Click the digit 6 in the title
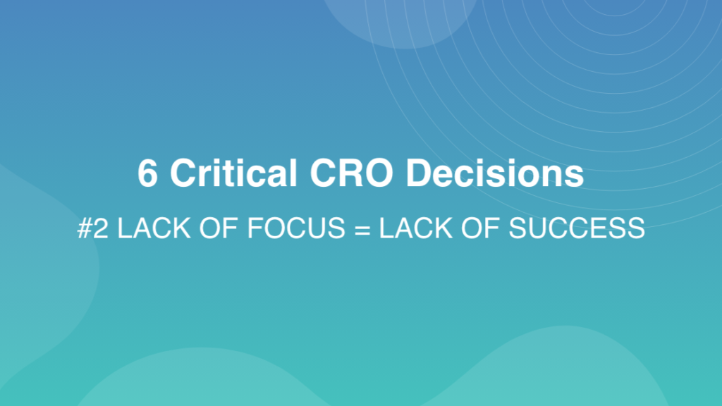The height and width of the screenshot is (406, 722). point(147,173)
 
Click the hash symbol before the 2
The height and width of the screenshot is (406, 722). point(85,228)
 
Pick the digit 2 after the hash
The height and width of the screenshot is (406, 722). point(102,228)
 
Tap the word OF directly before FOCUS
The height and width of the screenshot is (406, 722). point(219,228)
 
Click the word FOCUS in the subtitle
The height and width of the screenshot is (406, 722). point(296,228)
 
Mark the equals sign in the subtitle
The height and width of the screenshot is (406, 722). point(362,229)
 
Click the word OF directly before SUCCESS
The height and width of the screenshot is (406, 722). point(480,228)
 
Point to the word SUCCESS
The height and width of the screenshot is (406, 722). point(577,228)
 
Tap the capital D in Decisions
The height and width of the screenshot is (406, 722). point(419,173)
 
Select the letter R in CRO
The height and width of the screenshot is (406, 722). point(351,173)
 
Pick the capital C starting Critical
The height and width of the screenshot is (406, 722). point(184,173)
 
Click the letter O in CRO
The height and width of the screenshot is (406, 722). point(379,173)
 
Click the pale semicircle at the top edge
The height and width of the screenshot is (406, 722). point(399,20)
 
